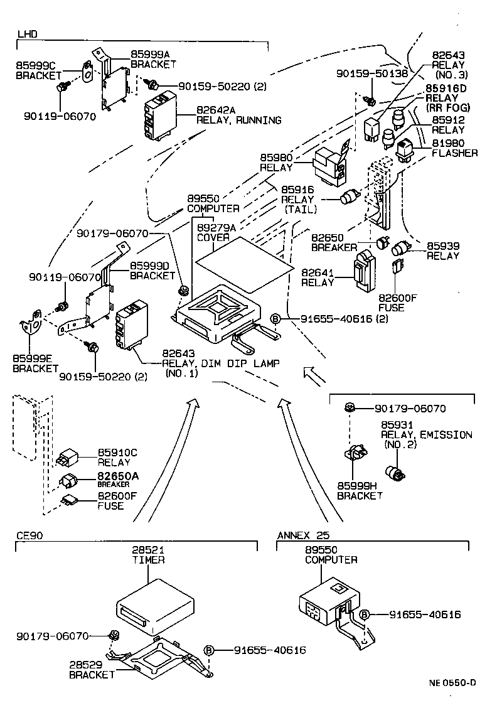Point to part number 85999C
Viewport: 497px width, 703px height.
(x=36, y=65)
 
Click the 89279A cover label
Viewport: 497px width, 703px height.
(x=216, y=228)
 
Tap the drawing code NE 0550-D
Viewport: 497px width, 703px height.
(x=452, y=683)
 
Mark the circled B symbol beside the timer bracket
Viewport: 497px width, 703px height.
(x=208, y=650)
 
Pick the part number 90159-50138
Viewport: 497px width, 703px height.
(x=372, y=73)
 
